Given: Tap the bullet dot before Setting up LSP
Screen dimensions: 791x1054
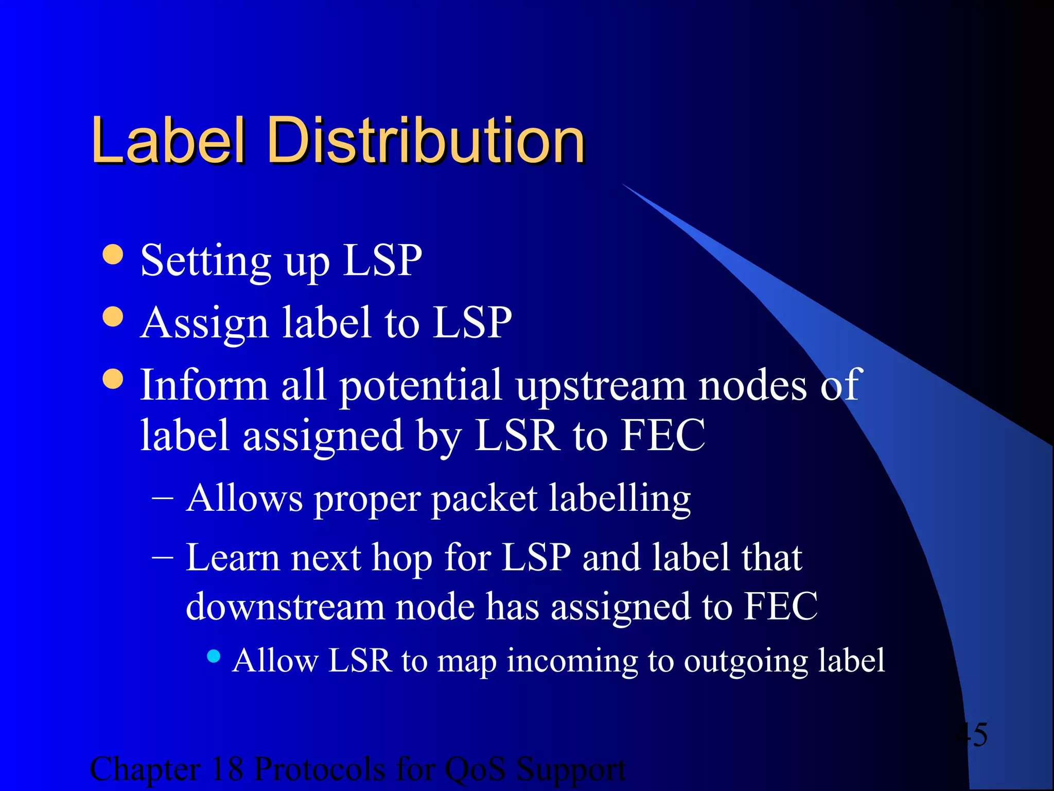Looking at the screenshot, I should pyautogui.click(x=113, y=254).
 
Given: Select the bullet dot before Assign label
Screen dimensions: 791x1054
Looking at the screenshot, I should pyautogui.click(x=113, y=317).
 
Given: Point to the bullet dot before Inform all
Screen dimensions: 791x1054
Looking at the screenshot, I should pyautogui.click(x=113, y=379).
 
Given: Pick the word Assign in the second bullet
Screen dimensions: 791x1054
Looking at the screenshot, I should pyautogui.click(x=204, y=323).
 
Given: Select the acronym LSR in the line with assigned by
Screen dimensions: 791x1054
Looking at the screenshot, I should pyautogui.click(x=517, y=436).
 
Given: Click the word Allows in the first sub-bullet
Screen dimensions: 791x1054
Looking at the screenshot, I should pyautogui.click(x=244, y=498).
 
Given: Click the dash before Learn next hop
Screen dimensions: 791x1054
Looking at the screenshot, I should pyautogui.click(x=163, y=557).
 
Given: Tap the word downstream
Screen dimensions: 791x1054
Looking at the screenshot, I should pyautogui.click(x=285, y=606).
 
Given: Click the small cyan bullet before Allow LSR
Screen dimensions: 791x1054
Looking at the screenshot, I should pyautogui.click(x=214, y=656).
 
